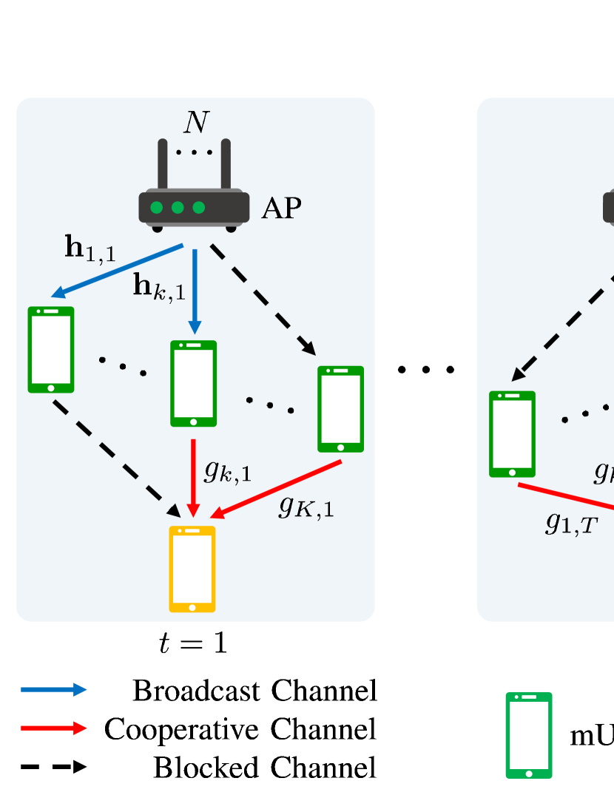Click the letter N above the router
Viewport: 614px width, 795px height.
click(197, 123)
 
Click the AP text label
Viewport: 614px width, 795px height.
click(281, 209)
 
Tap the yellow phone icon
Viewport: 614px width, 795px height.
click(192, 569)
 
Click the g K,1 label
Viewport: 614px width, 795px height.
click(306, 507)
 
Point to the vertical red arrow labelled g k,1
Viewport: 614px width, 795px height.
click(193, 478)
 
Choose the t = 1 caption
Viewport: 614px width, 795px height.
click(192, 643)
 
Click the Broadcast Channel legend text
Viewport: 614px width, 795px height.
click(254, 691)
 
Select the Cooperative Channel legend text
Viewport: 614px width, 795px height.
click(240, 729)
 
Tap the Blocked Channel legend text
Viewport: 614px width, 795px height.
click(265, 768)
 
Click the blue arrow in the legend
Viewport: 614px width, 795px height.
click(53, 690)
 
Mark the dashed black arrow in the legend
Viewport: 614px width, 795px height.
click(53, 768)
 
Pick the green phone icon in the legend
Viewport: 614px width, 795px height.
click(528, 735)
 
